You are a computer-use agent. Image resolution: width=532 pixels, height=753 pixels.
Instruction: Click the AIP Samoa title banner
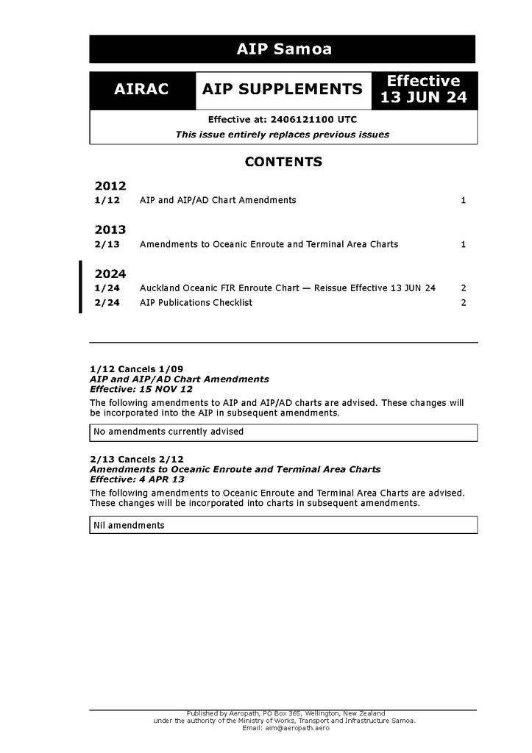click(x=283, y=49)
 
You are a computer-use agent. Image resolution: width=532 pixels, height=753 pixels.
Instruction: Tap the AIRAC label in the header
click(x=141, y=90)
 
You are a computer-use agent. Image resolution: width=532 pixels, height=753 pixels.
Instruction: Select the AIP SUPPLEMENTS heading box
click(x=283, y=90)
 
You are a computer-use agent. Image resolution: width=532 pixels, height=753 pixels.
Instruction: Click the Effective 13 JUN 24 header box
click(x=424, y=90)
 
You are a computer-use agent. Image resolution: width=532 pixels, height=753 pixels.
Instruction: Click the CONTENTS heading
click(x=283, y=162)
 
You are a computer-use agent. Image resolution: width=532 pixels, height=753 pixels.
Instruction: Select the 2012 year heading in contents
click(x=110, y=185)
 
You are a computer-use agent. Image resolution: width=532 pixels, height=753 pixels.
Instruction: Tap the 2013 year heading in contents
click(x=110, y=229)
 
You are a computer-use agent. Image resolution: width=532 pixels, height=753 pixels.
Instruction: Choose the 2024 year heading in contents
click(x=110, y=274)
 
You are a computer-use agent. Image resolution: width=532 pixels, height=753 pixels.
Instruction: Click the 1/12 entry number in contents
click(x=107, y=200)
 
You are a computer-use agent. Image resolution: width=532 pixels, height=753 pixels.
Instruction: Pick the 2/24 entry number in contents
click(x=107, y=302)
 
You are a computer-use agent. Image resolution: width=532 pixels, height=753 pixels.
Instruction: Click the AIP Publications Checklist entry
click(x=196, y=302)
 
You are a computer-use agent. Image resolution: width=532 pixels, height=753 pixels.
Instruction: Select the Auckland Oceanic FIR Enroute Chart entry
click(x=287, y=288)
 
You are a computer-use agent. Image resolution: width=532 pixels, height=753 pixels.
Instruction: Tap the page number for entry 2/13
click(x=463, y=244)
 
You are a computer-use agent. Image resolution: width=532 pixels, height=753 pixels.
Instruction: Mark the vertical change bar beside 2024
click(x=81, y=287)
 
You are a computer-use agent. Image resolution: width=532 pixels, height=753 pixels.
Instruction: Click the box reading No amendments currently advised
click(x=283, y=432)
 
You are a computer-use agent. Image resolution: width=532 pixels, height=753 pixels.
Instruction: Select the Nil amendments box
click(x=283, y=525)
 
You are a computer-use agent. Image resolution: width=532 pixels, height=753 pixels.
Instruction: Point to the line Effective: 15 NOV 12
click(x=141, y=389)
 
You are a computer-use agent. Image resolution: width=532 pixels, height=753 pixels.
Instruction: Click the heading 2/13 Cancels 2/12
click(x=137, y=459)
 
